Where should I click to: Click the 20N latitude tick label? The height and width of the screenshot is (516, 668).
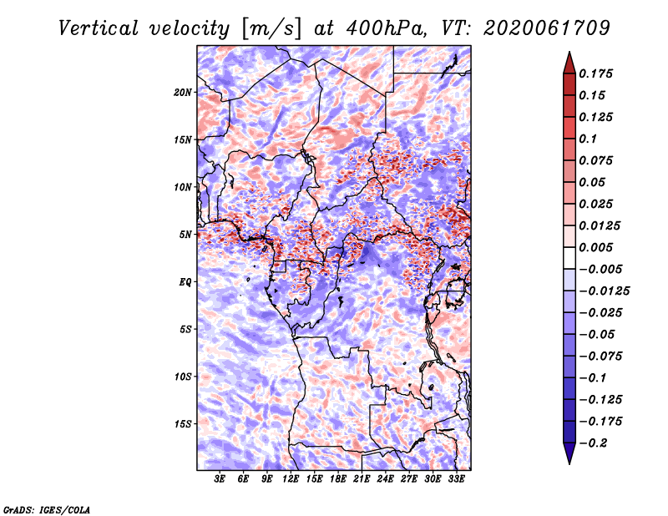tap(183, 93)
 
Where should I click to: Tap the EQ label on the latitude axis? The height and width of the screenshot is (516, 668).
tap(185, 282)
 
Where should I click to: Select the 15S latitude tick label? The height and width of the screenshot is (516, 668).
tap(183, 424)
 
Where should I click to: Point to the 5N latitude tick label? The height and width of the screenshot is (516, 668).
tap(185, 235)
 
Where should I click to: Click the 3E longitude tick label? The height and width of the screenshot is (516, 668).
tap(220, 479)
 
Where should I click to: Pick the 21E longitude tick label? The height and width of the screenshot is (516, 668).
tap(362, 479)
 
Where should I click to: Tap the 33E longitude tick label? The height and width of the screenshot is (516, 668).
tap(456, 479)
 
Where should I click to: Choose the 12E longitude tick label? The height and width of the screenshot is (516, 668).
tap(291, 479)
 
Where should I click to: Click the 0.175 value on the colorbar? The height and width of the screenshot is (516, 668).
tap(595, 73)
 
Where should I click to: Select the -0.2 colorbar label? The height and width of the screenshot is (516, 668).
tap(593, 443)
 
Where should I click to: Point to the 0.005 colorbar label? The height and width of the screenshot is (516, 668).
tap(595, 247)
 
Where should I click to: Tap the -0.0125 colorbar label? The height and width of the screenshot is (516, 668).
tap(605, 291)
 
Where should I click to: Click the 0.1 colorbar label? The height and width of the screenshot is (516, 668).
tap(588, 139)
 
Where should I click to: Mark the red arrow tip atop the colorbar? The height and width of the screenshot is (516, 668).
tap(569, 53)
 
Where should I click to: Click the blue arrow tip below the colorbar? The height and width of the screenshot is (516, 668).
tap(569, 463)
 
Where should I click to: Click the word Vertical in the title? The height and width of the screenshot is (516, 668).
tap(99, 28)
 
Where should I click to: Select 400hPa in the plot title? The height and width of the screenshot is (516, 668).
tap(386, 28)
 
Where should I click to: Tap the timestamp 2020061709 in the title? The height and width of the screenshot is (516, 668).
tap(546, 28)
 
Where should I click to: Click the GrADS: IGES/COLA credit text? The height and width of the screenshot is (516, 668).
tap(47, 510)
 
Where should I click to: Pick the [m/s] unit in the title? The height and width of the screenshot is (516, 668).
tap(271, 29)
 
